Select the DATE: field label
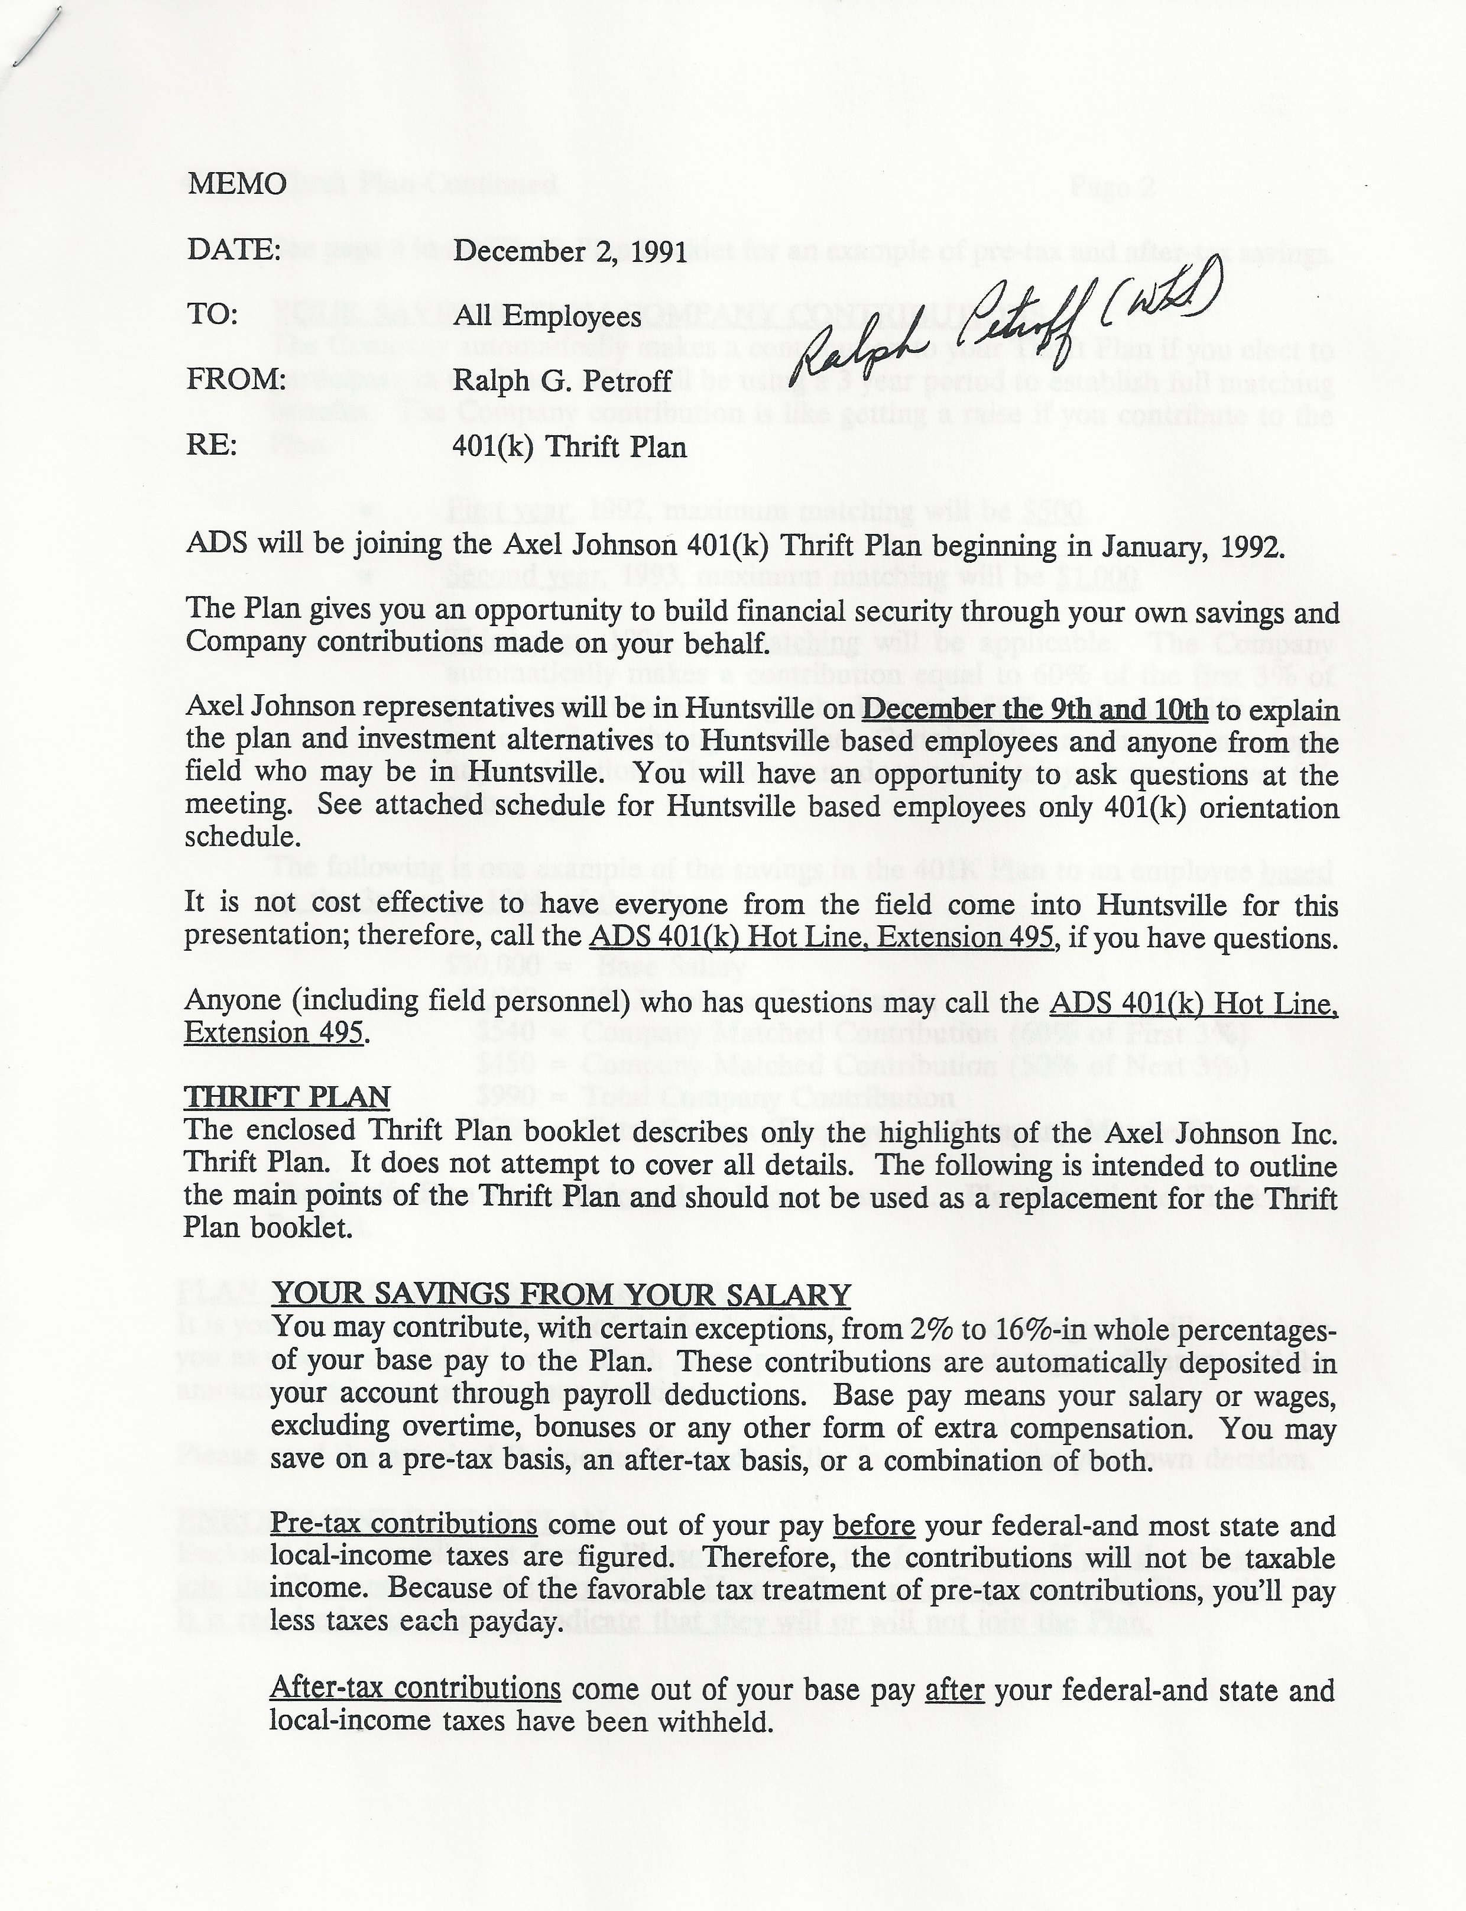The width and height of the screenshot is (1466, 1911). (x=234, y=251)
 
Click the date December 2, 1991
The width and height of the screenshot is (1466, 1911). (x=570, y=252)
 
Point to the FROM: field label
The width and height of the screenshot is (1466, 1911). (x=236, y=380)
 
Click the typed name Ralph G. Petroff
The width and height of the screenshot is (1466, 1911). (x=562, y=381)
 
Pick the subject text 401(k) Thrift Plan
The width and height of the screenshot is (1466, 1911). (x=569, y=447)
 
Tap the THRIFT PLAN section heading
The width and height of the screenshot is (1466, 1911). (x=287, y=1097)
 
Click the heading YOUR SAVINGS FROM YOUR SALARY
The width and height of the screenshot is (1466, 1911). (x=562, y=1295)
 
